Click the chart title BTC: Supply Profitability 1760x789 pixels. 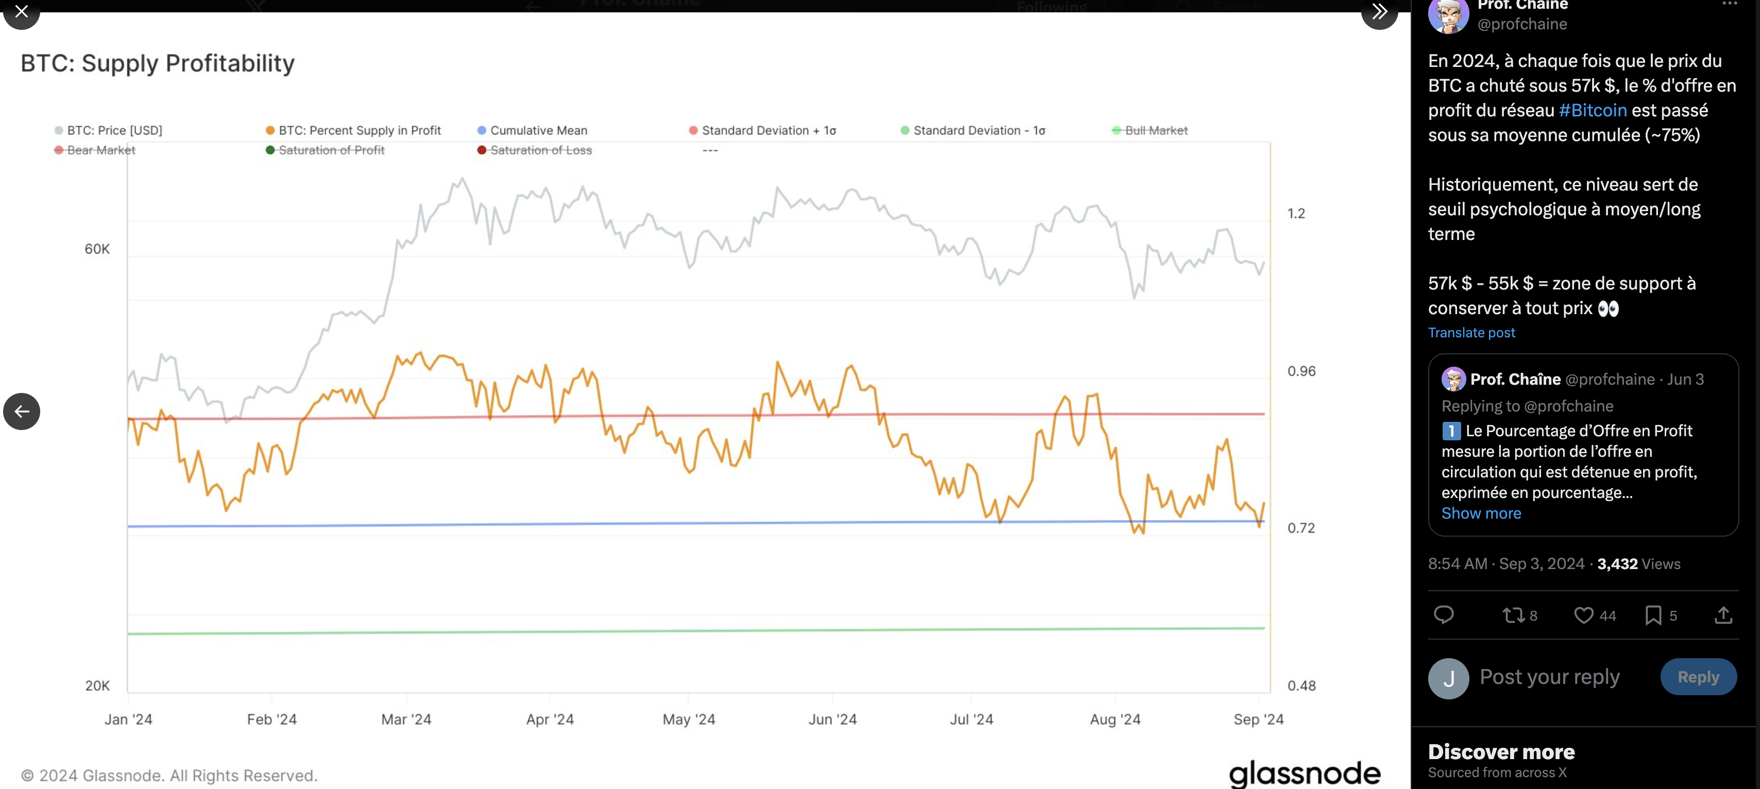click(158, 63)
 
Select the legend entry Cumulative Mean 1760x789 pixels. click(538, 130)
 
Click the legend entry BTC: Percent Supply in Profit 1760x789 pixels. click(360, 130)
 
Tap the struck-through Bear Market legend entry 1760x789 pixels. click(100, 150)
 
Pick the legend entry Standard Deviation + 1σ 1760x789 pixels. click(769, 130)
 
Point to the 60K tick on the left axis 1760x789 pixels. click(97, 249)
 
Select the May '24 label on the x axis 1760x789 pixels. click(689, 719)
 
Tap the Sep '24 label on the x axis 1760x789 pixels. click(1258, 719)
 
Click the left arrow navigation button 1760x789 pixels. click(22, 411)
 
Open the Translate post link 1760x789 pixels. click(1471, 333)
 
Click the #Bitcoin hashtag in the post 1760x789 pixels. click(1592, 111)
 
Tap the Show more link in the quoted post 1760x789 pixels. click(1481, 513)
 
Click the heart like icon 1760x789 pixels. click(1583, 615)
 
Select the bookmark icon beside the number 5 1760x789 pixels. click(1653, 615)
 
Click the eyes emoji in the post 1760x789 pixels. click(1609, 309)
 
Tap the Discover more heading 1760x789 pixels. click(1501, 752)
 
